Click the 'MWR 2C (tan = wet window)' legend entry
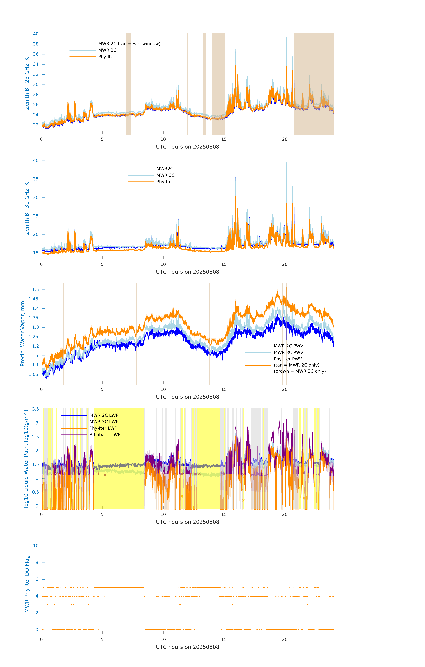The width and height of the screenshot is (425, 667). (129, 44)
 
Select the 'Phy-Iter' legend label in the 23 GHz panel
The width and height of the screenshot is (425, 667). (107, 57)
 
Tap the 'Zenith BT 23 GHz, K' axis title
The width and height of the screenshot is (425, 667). (27, 83)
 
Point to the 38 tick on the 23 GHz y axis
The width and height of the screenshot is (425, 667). (36, 44)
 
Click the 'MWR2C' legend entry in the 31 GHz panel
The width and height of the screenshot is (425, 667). (165, 169)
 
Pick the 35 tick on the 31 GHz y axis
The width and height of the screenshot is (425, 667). (36, 179)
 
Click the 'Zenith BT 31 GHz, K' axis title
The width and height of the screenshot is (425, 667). (27, 208)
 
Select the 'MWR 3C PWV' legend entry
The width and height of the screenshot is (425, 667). (288, 352)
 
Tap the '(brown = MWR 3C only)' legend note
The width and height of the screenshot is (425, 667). (300, 371)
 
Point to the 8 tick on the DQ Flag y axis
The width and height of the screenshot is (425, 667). (37, 563)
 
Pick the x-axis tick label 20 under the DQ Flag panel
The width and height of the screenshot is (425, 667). (285, 640)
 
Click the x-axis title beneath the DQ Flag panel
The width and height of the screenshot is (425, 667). (187, 647)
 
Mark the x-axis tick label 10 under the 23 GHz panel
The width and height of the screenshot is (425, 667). (163, 139)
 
